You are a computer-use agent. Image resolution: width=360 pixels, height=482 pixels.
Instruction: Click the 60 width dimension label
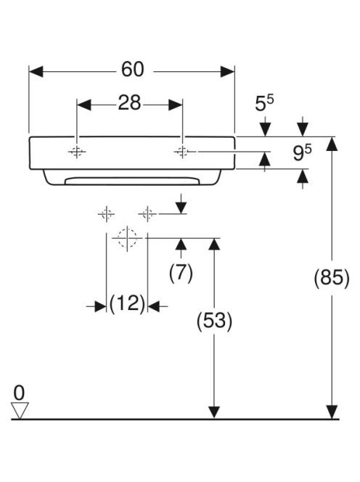[x=133, y=69]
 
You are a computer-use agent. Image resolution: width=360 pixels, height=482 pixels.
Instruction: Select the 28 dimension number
[x=129, y=102]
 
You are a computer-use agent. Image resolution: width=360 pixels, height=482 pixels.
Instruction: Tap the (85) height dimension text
[x=332, y=278]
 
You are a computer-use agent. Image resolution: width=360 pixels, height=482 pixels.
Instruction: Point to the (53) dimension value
[x=214, y=322]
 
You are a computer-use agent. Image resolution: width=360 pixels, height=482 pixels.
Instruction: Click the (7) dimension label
[x=181, y=273]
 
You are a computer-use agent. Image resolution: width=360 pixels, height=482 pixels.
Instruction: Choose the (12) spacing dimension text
[x=127, y=303]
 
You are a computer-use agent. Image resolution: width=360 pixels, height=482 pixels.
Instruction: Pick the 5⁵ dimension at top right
[x=264, y=103]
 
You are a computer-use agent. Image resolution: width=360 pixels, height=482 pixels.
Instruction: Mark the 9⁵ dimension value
[x=302, y=153]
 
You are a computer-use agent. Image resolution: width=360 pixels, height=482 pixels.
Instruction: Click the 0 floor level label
[x=19, y=393]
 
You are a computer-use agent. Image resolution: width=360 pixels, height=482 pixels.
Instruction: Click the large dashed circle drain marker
[x=127, y=238]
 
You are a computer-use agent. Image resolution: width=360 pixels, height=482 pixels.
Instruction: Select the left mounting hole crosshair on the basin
[x=76, y=152]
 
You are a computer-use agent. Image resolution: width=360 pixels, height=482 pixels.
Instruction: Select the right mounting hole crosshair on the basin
[x=182, y=152]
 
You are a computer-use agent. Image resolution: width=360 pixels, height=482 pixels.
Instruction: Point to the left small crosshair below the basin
[x=107, y=213]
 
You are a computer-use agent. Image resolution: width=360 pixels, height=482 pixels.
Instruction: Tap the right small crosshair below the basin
[x=147, y=213]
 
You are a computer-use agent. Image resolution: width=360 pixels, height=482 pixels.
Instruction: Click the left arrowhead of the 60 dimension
[x=36, y=72]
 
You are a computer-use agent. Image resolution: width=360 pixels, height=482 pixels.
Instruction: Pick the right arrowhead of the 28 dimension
[x=175, y=105]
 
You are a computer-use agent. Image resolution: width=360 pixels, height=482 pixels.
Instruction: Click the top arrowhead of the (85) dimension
[x=332, y=144]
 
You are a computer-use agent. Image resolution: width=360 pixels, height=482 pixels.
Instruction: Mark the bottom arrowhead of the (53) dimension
[x=214, y=412]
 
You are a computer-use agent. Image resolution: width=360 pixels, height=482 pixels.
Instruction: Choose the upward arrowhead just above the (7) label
[x=181, y=245]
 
